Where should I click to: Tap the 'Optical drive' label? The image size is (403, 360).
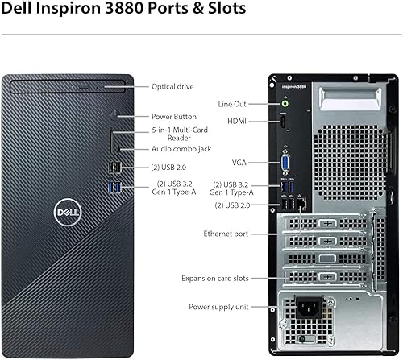[173, 86]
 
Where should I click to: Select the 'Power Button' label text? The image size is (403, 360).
[174, 117]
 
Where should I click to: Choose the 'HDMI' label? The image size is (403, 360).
[236, 121]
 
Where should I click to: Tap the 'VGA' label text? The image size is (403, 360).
[239, 161]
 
